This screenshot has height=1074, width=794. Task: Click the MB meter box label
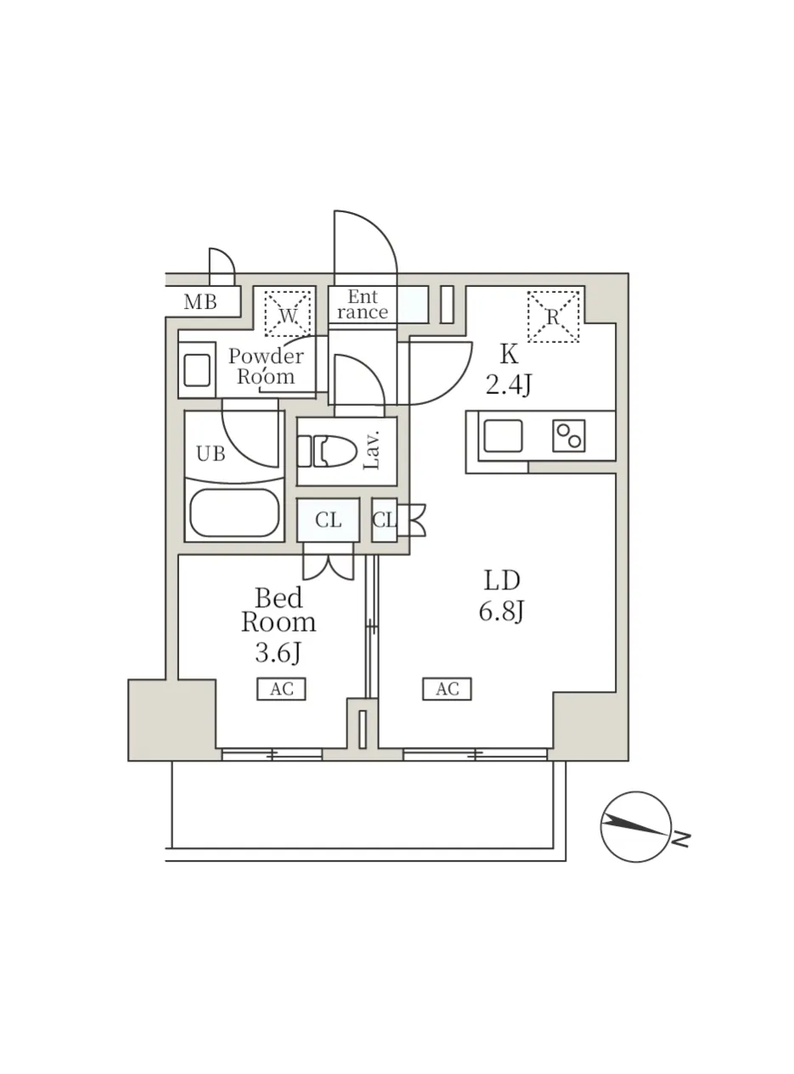[200, 302]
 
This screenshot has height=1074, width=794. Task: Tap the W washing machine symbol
[288, 313]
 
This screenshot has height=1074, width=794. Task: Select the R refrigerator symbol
[553, 317]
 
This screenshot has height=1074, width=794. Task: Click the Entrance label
[363, 304]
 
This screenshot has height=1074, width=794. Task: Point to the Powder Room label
[266, 366]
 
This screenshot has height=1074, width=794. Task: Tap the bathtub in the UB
[234, 513]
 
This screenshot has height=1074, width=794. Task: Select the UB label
[211, 453]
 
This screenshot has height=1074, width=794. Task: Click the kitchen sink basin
[503, 436]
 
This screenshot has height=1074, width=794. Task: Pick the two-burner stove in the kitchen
[569, 436]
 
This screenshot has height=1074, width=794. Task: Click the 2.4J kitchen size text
[509, 386]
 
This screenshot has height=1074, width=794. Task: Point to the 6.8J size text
[502, 611]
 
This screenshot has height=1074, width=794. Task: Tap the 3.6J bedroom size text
[279, 653]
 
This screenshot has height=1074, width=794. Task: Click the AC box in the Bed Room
[281, 689]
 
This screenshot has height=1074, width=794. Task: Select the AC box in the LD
[447, 689]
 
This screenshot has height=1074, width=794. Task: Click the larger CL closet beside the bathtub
[328, 520]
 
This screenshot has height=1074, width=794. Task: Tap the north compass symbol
[636, 827]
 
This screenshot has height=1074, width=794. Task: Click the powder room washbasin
[197, 370]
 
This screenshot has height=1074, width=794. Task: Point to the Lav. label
[372, 450]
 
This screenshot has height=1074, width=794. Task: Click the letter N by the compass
[682, 839]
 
